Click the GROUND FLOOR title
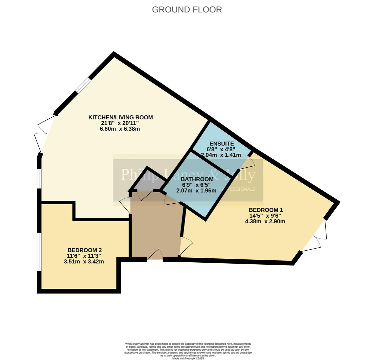pyautogui.click(x=187, y=10)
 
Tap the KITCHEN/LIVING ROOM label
pyautogui.click(x=120, y=117)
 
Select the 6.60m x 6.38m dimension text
pyautogui.click(x=120, y=129)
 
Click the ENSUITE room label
pyautogui.click(x=222, y=144)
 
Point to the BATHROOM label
pyautogui.click(x=197, y=179)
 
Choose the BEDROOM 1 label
pyautogui.click(x=266, y=210)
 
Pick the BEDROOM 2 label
pyautogui.click(x=84, y=250)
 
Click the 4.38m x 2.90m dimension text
pyautogui.click(x=265, y=221)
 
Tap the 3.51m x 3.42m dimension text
pyautogui.click(x=84, y=262)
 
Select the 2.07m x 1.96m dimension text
pyautogui.click(x=197, y=191)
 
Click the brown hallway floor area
pyautogui.click(x=155, y=230)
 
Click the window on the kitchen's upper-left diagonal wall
pyautogui.click(x=83, y=85)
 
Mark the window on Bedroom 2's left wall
pyautogui.click(x=39, y=252)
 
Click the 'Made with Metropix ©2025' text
pyautogui.click(x=188, y=358)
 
